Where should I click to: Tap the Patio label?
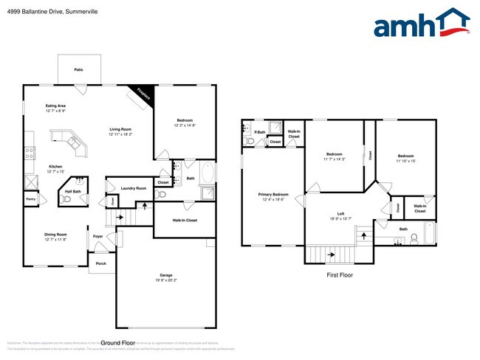click(78, 70)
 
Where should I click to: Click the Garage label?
click(167, 275)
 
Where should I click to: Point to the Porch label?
click(100, 263)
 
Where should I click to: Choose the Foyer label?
click(97, 237)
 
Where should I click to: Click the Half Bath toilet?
click(68, 199)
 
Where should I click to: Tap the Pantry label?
click(31, 199)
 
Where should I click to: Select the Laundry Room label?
click(134, 188)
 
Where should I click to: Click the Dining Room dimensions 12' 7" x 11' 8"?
click(55, 240)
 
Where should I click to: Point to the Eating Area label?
click(55, 105)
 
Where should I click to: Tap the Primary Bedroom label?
click(272, 194)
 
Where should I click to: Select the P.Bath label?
click(260, 133)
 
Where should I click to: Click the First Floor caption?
click(340, 275)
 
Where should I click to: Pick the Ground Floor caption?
click(117, 343)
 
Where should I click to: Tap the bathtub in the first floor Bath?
click(422, 238)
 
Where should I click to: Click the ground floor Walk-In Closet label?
click(185, 221)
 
